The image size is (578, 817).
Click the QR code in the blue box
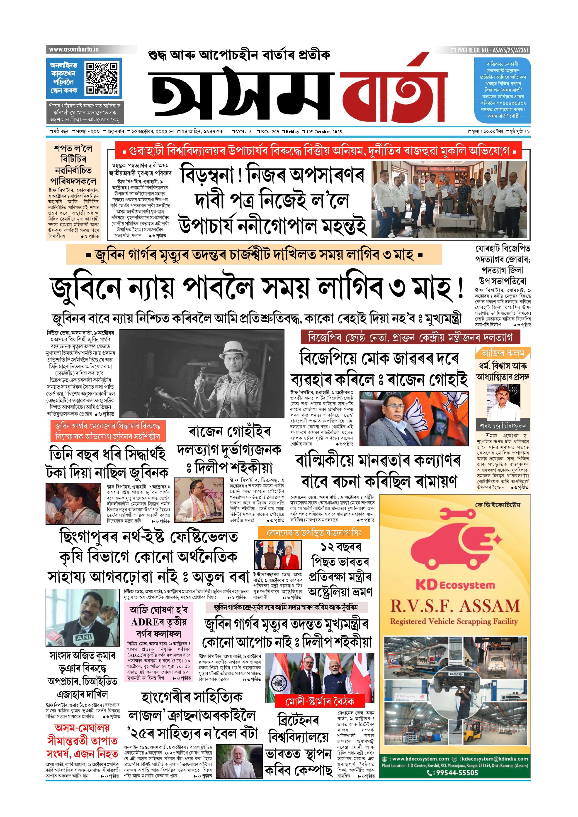[102, 78]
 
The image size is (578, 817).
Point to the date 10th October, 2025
[324, 132]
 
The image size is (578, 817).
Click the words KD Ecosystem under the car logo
[455, 586]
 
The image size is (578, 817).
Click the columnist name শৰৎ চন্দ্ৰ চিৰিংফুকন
[503, 426]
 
